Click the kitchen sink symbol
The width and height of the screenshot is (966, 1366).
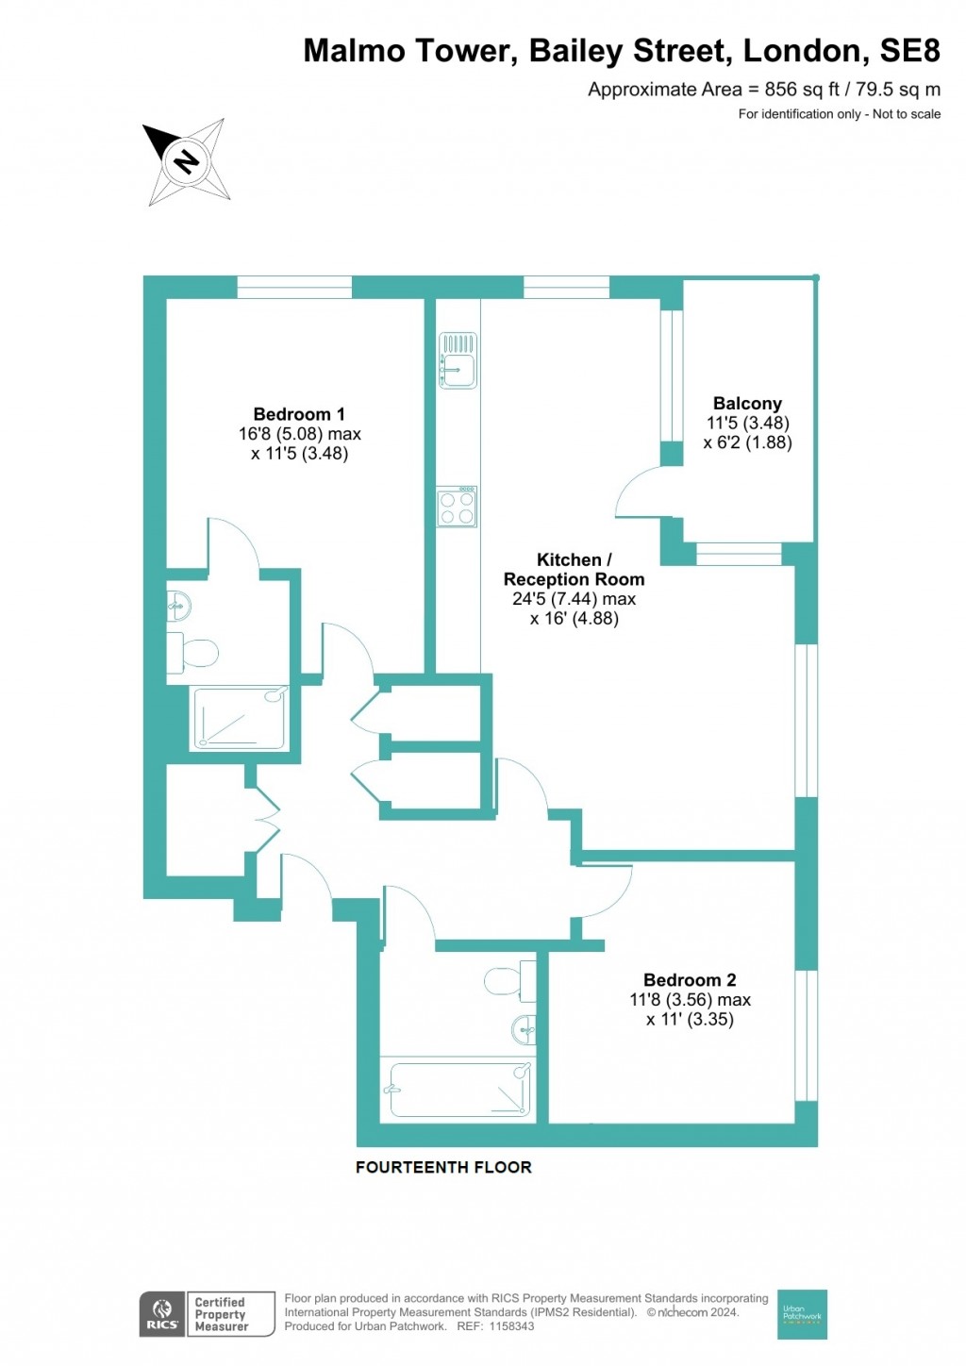point(458,360)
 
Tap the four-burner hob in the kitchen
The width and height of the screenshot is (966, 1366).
point(458,507)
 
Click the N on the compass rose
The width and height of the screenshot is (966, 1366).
point(186,161)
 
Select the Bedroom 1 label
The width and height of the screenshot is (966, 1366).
point(299,414)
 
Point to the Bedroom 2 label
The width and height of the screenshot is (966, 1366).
point(690,980)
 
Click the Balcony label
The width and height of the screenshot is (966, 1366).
point(747,403)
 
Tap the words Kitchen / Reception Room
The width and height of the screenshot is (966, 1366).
point(574,569)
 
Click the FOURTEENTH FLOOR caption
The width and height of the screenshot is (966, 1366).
point(443,1167)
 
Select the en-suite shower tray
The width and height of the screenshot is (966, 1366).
point(241,718)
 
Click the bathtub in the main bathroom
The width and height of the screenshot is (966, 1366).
point(459,1090)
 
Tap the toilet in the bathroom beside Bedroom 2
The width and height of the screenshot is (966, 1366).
point(509,981)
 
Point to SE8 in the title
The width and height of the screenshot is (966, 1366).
point(909,51)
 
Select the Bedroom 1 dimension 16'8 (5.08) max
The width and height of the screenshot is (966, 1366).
point(299,434)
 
